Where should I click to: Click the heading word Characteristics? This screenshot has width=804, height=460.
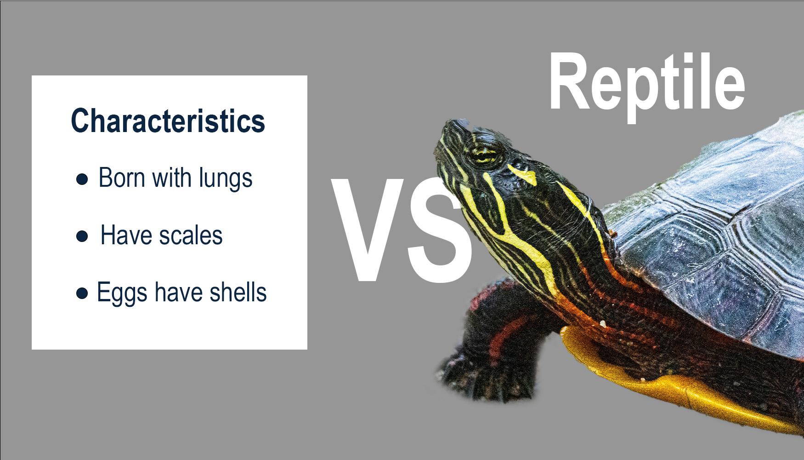pos(168,121)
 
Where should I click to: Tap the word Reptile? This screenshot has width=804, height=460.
pos(646,83)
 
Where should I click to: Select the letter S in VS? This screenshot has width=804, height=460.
pos(439,229)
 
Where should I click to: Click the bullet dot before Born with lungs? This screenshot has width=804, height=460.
pos(82,179)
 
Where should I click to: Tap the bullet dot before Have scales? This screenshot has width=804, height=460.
pos(82,236)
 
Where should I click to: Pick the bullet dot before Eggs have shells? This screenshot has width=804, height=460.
pos(82,293)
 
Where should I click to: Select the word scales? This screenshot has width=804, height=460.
pos(191,236)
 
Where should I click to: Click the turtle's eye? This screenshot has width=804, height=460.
pos(483,155)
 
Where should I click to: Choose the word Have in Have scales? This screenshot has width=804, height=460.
pos(126,236)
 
